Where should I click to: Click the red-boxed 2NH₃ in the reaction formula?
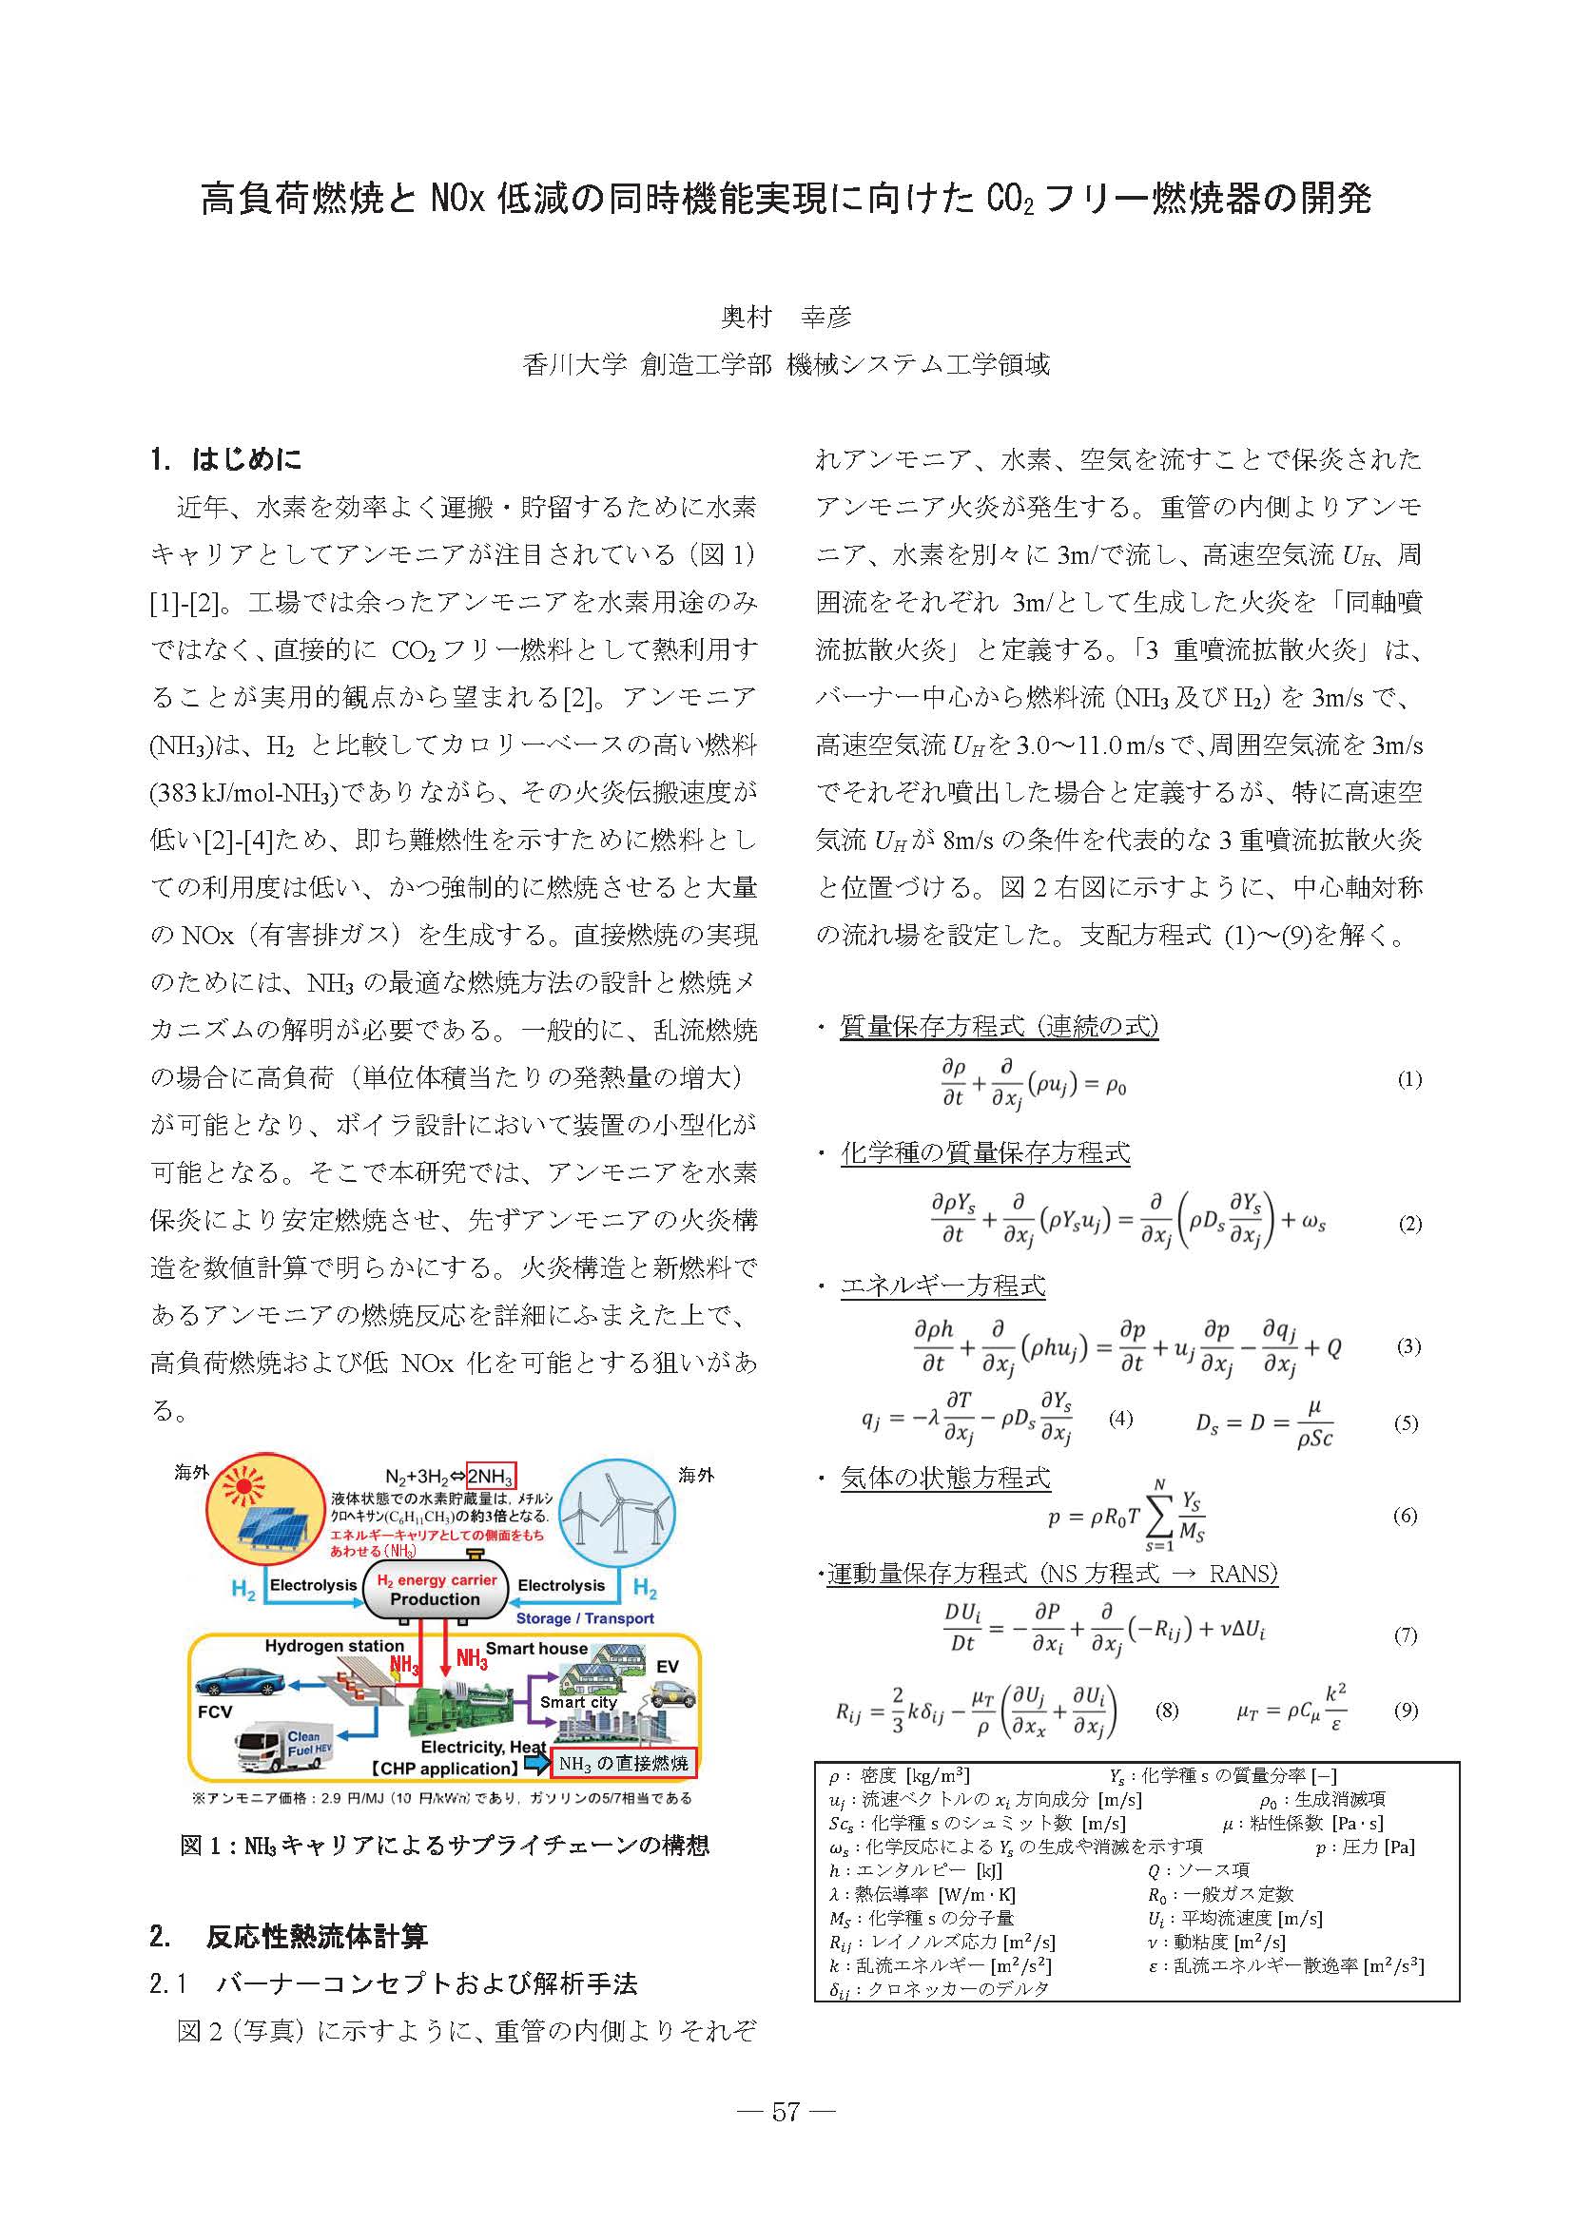[x=490, y=1477]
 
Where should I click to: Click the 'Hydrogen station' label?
[x=334, y=1646]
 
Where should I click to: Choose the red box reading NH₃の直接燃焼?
[x=623, y=1763]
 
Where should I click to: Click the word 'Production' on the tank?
[x=435, y=1599]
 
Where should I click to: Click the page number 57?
[x=786, y=2105]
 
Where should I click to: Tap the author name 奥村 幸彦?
[x=786, y=317]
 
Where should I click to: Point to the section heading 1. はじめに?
[x=226, y=458]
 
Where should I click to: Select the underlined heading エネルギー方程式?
[x=942, y=1286]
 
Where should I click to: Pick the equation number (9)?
[x=1406, y=1710]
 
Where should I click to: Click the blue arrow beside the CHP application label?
[x=534, y=1763]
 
